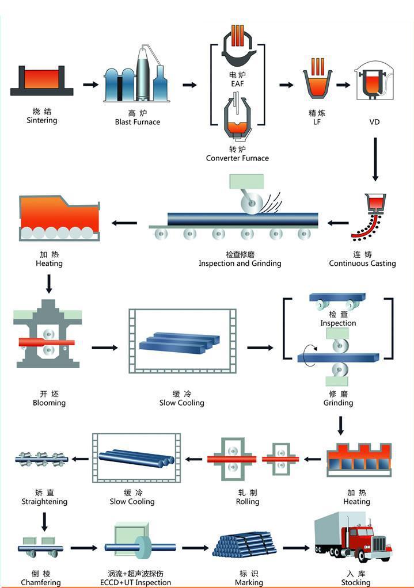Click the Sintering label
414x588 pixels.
[42, 120]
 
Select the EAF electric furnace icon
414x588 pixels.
[237, 51]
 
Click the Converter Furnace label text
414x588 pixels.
[237, 158]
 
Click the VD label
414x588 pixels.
[374, 122]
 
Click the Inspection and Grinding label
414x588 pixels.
[240, 264]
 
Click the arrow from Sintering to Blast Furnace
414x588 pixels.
[91, 85]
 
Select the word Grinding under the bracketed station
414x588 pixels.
[338, 403]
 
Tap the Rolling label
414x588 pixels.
[248, 502]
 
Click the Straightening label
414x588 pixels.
[44, 502]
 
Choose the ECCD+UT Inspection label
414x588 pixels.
[135, 582]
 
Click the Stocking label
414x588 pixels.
[356, 582]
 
